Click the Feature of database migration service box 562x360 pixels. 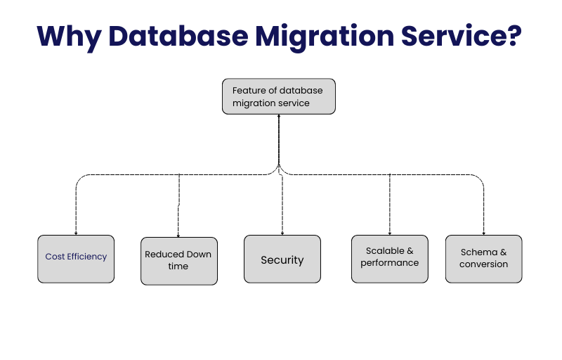pos(279,96)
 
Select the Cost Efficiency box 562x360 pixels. pos(76,259)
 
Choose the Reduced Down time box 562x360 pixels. pos(178,260)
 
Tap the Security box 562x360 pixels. pos(282,259)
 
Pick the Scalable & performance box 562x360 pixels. pos(389,259)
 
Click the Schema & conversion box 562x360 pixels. pos(483,259)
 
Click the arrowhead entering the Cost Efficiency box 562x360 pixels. pos(76,233)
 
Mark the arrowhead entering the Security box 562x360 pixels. pos(282,233)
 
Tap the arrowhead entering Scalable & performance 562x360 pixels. pos(389,233)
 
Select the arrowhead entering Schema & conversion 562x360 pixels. pos(483,233)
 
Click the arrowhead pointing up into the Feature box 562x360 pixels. pos(279,117)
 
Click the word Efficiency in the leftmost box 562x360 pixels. pos(87,257)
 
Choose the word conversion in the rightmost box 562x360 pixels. pos(483,264)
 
